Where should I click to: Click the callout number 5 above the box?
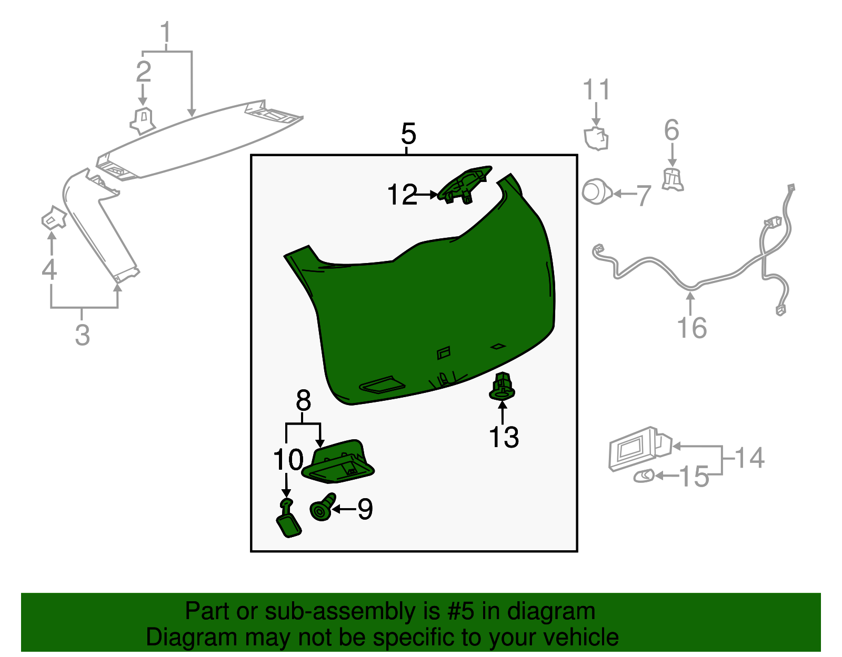click(408, 134)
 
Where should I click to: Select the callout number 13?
click(504, 438)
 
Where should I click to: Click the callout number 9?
click(365, 509)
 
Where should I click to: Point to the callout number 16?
click(691, 328)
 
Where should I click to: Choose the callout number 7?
click(644, 195)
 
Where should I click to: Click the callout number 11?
click(596, 89)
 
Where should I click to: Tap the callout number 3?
click(82, 335)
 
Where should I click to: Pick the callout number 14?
click(749, 458)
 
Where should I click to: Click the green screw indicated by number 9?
click(323, 507)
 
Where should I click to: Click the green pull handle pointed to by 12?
click(464, 185)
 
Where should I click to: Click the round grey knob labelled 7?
click(596, 191)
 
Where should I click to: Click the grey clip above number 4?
click(54, 218)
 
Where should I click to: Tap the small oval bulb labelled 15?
click(644, 476)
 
